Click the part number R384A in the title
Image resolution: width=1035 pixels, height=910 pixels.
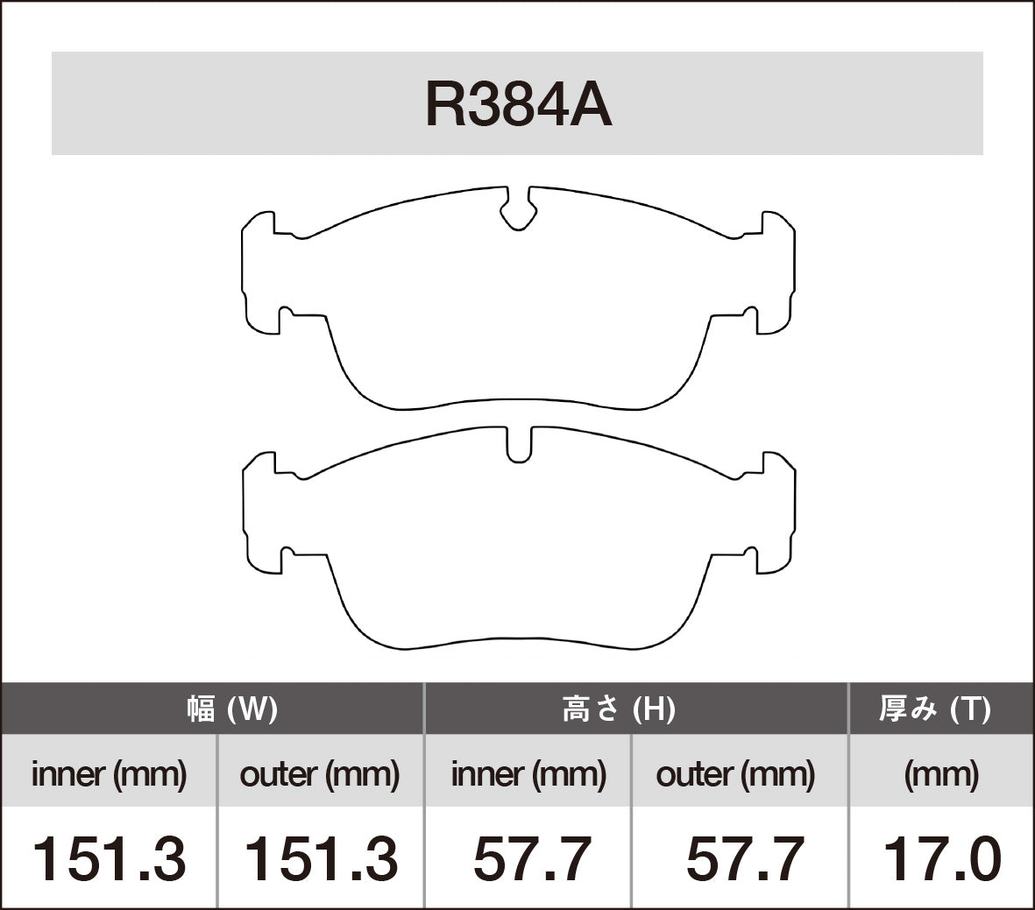517,106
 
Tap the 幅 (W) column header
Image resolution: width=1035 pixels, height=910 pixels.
232,709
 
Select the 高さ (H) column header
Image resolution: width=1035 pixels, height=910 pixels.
619,709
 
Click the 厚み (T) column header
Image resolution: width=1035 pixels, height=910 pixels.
935,709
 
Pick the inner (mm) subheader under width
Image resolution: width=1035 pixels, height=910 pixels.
110,774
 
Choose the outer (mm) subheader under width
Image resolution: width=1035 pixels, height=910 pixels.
320,774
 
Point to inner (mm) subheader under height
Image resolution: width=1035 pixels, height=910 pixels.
528,774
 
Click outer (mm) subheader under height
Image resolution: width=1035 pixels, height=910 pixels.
736,774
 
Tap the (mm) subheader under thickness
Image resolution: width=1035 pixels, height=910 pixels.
941,774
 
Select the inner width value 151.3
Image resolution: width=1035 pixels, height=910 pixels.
110,858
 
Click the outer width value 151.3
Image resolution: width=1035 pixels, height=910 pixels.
320,858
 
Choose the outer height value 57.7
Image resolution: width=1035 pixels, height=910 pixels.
744,858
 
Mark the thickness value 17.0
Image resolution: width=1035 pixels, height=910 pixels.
941,858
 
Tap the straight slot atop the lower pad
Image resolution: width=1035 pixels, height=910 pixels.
519,445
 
